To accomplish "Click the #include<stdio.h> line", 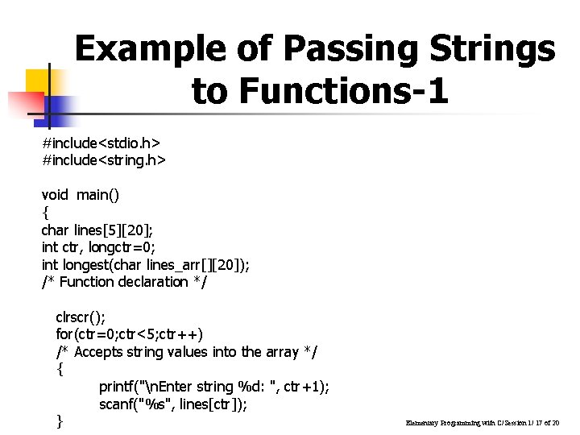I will tap(102, 143).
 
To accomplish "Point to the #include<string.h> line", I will tap(105, 159).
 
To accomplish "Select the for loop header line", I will tap(130, 333).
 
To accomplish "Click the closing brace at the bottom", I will tap(60, 420).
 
